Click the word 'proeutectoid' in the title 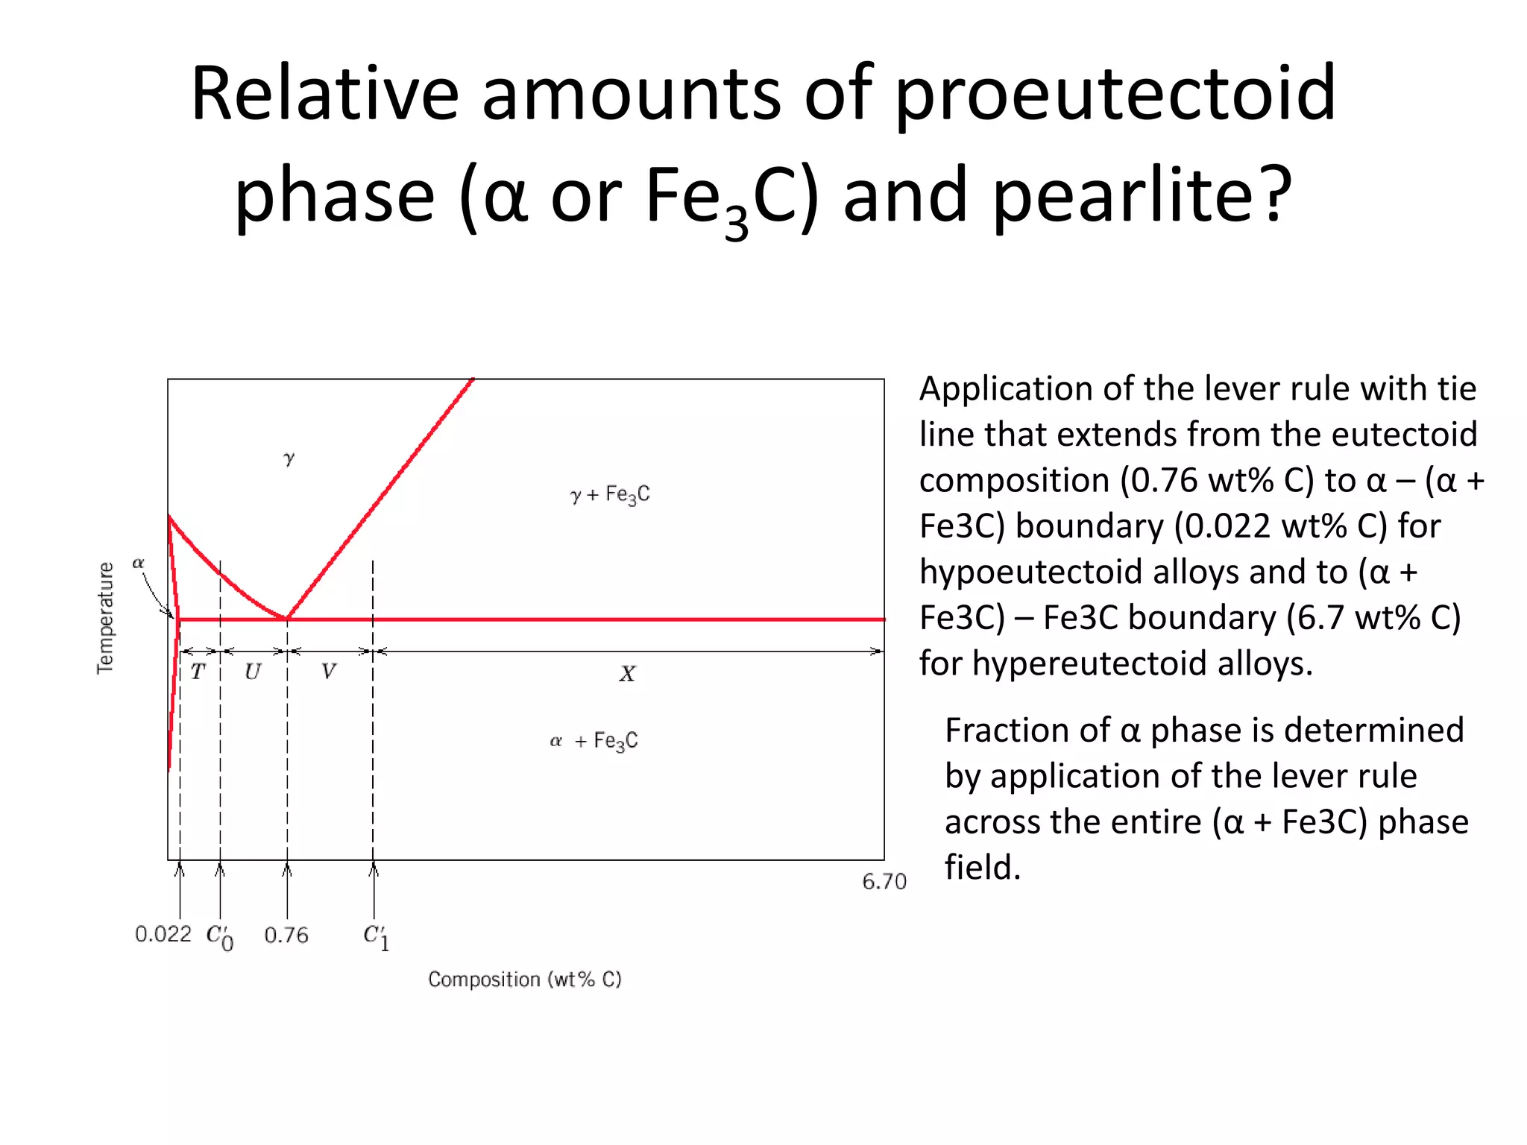tap(1115, 95)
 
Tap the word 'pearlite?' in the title tap(1142, 195)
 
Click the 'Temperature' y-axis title tap(106, 618)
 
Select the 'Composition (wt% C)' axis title tap(524, 980)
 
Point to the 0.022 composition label tap(163, 934)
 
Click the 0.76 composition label tap(286, 935)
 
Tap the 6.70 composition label tap(884, 882)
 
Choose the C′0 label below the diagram tap(219, 937)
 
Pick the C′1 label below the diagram tap(376, 937)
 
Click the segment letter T tap(197, 672)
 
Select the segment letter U tap(253, 672)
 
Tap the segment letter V tap(328, 672)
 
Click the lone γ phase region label tap(289, 458)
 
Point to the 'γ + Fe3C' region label tap(610, 495)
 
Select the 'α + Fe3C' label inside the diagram tap(594, 742)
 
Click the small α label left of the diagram tap(138, 564)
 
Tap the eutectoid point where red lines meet tap(287, 619)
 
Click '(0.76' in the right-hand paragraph tap(1159, 480)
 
